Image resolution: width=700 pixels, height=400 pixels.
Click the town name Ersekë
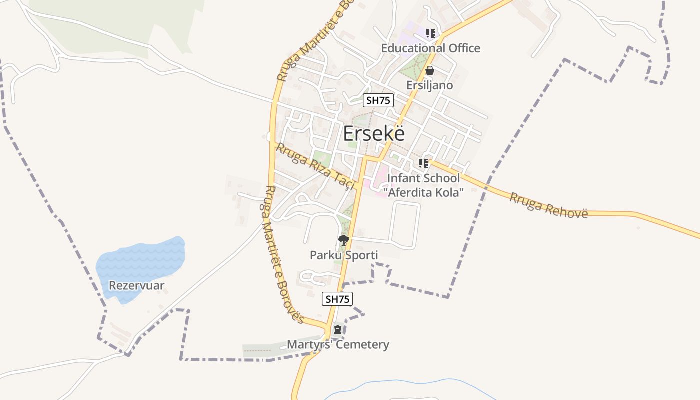tap(374, 134)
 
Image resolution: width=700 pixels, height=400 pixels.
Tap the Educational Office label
tap(430, 48)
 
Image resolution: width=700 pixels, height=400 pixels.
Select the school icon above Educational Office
tap(430, 33)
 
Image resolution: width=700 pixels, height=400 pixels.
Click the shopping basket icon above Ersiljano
tap(429, 71)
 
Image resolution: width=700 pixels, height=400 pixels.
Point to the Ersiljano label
tap(429, 85)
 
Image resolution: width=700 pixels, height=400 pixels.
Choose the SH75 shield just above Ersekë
tap(378, 100)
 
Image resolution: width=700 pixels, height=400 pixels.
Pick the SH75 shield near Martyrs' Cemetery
tap(337, 299)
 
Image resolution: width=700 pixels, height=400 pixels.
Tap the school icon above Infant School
tap(423, 163)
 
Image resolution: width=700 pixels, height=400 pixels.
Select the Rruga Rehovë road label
tap(548, 205)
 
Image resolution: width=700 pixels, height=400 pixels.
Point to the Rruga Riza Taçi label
tap(315, 166)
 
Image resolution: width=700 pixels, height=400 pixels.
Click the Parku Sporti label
tap(344, 255)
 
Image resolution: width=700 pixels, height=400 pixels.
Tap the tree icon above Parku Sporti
tap(343, 240)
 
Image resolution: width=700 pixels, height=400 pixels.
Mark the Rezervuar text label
tap(136, 286)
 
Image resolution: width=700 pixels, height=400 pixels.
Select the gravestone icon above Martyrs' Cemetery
tap(338, 330)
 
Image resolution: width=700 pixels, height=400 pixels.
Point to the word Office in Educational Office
tap(461, 48)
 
